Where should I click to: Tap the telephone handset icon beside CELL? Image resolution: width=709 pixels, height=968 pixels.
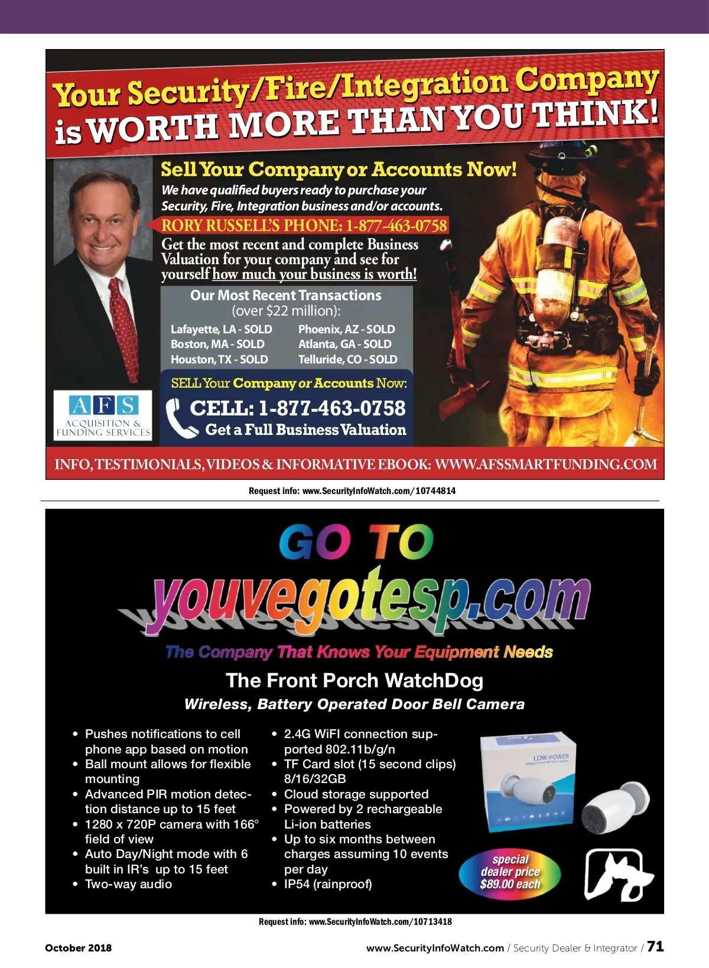click(180, 418)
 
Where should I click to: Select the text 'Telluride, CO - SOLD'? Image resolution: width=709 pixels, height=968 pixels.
click(347, 359)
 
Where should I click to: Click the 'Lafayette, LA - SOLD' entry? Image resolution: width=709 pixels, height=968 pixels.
click(221, 329)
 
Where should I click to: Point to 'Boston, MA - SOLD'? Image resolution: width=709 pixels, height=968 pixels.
click(217, 344)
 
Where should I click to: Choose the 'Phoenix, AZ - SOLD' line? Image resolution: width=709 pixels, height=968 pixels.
click(346, 329)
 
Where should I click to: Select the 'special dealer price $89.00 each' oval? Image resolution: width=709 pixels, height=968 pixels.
click(510, 872)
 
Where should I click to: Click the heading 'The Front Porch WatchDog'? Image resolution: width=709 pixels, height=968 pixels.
click(354, 681)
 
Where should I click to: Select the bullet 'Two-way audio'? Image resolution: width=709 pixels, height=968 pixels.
click(128, 884)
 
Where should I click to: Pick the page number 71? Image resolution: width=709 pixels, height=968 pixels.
click(655, 946)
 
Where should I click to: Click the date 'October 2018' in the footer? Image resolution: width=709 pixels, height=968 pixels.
click(78, 948)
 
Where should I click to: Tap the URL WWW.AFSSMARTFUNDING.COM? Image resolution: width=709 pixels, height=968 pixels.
click(545, 464)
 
